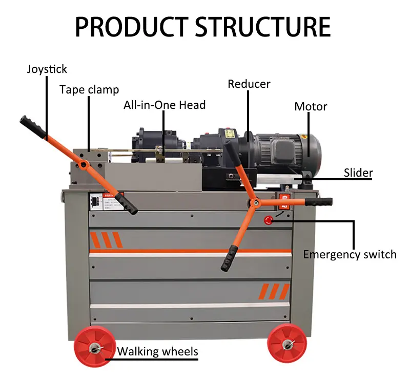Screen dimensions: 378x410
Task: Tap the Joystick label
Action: point(47,69)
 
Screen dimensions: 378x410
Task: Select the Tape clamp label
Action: point(89,90)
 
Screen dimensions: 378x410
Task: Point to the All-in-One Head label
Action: point(164,105)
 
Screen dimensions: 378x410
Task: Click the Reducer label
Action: point(249,84)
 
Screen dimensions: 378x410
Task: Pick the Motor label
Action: point(311,107)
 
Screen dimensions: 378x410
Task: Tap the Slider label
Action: point(358,173)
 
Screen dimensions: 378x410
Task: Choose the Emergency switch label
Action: point(350,254)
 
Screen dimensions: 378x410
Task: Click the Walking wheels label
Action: point(157,352)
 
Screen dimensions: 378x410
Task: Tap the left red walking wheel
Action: point(94,347)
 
